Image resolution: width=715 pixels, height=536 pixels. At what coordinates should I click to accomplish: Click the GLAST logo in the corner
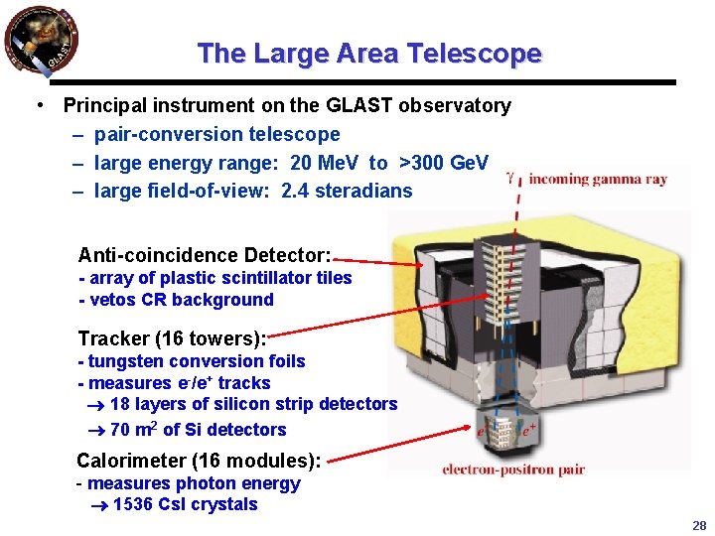click(41, 41)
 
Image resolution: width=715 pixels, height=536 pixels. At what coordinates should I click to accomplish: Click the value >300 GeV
click(443, 163)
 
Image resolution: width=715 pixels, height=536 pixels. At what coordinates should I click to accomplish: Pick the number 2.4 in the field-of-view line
click(295, 191)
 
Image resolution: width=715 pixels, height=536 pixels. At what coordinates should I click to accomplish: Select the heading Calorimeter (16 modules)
click(199, 461)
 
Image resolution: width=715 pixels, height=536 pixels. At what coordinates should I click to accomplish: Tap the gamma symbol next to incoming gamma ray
click(510, 180)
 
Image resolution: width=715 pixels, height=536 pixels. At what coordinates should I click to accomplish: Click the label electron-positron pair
click(514, 469)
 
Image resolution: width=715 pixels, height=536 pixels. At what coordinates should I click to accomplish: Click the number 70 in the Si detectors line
click(120, 430)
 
